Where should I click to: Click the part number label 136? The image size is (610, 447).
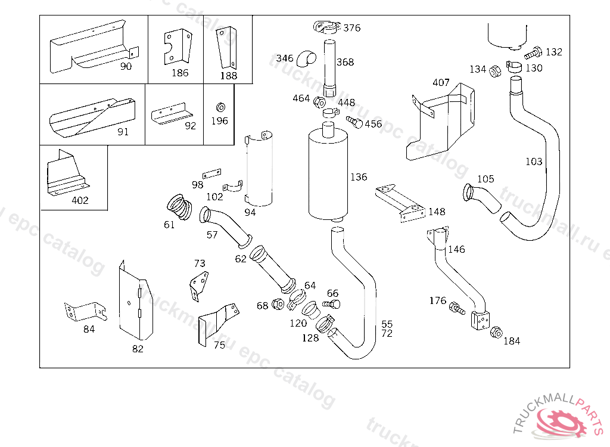click(x=359, y=177)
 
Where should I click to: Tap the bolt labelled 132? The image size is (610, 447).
click(x=534, y=52)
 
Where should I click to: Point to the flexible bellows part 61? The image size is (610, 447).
click(x=178, y=205)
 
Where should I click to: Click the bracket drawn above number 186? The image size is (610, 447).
click(x=178, y=46)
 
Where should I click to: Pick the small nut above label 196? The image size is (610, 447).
click(x=219, y=107)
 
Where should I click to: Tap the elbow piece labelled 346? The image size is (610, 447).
click(x=309, y=58)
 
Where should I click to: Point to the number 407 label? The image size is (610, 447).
click(x=441, y=82)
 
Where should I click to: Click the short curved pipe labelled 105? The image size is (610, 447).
click(x=481, y=197)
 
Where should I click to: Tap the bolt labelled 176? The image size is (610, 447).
click(x=457, y=308)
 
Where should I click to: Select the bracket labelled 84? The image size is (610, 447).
click(x=85, y=311)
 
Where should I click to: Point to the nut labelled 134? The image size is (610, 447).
click(x=494, y=73)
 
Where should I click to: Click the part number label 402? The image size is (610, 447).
click(x=80, y=200)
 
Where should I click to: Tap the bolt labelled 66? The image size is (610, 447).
click(x=331, y=304)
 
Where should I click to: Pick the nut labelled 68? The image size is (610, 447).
click(x=278, y=304)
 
